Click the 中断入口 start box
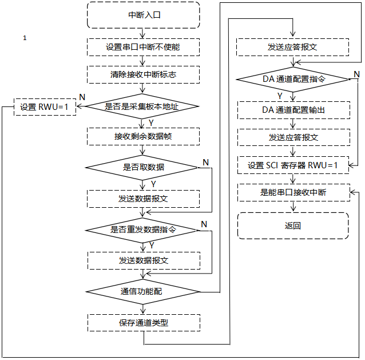[143, 15]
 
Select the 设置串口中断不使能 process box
[143, 47]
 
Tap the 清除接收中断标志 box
[143, 74]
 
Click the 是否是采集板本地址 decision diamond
[143, 106]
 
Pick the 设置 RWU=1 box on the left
[45, 107]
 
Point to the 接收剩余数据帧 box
[143, 137]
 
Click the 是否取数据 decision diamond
[143, 167]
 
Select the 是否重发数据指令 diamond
[143, 230]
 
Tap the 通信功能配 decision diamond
[143, 291]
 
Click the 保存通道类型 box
[143, 322]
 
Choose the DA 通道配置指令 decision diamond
[293, 79]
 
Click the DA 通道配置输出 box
[293, 109]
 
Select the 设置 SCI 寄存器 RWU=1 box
[293, 165]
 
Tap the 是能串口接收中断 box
[293, 192]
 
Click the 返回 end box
[293, 226]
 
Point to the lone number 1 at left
[25, 38]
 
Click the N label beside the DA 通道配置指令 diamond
[356, 74]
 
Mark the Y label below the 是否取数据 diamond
[153, 184]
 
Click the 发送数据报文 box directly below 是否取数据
[143, 199]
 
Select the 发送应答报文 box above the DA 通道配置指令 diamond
[293, 47]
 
